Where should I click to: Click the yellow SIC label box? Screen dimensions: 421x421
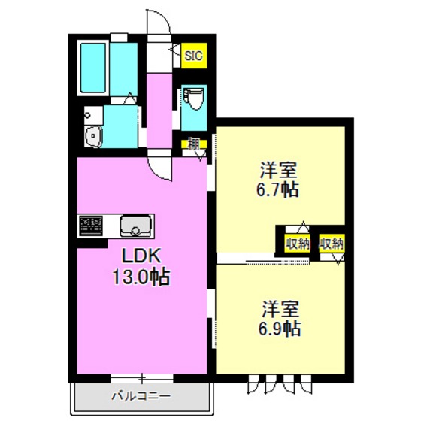click(x=194, y=55)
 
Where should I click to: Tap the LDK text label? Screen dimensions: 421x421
click(x=136, y=253)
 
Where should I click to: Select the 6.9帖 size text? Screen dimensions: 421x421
click(x=281, y=328)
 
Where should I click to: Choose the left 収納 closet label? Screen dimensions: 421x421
click(x=298, y=243)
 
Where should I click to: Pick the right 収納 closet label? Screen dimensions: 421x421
click(x=332, y=243)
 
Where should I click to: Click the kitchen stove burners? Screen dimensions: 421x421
click(x=91, y=225)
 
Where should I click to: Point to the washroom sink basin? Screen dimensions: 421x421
click(x=93, y=137)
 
